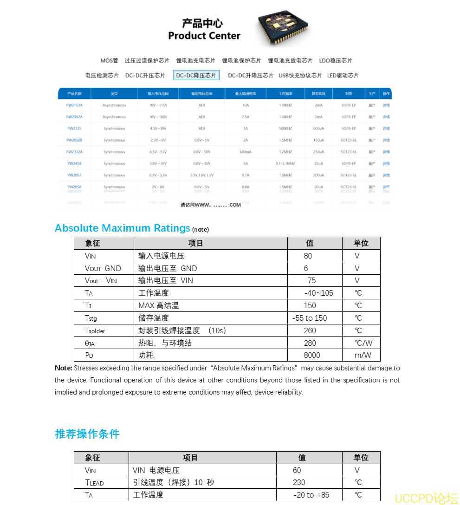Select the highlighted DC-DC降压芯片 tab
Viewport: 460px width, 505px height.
pos(196,76)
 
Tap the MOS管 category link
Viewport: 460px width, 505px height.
pos(109,61)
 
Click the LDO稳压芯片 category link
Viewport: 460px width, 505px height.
pos(335,61)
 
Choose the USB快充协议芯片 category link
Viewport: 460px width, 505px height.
pos(300,76)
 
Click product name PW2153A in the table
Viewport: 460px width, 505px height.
pos(74,105)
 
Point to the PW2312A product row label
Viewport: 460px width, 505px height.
pos(74,152)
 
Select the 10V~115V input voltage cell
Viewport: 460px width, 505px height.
pos(157,105)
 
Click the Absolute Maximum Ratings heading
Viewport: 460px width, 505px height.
pos(123,228)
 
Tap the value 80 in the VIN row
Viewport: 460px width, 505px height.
pos(308,256)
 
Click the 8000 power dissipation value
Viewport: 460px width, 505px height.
pos(311,356)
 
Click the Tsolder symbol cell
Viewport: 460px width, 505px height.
pos(95,331)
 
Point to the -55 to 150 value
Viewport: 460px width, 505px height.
pos(310,318)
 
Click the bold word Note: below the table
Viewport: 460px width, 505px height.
pos(63,368)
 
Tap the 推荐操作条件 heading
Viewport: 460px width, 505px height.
pos(87,434)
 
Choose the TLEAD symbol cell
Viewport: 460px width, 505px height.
pos(95,483)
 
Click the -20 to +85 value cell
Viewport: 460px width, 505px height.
pos(311,495)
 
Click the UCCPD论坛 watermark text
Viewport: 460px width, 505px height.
pos(426,499)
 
